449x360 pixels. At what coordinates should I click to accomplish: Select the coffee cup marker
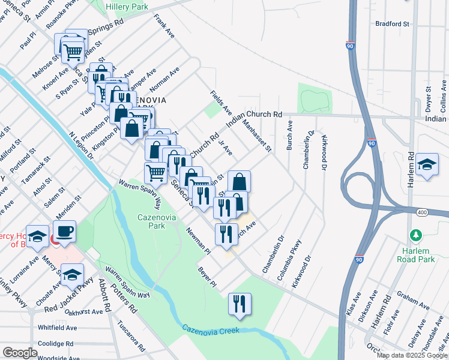click(64, 231)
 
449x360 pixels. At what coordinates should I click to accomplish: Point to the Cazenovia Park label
click(157, 221)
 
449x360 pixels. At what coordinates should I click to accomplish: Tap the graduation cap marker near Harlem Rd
click(426, 165)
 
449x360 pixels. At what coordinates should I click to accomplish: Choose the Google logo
click(20, 353)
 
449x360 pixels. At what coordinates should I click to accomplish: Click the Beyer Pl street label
click(207, 276)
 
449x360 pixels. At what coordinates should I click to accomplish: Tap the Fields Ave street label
click(221, 103)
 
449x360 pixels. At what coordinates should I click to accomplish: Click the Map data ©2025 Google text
click(411, 355)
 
